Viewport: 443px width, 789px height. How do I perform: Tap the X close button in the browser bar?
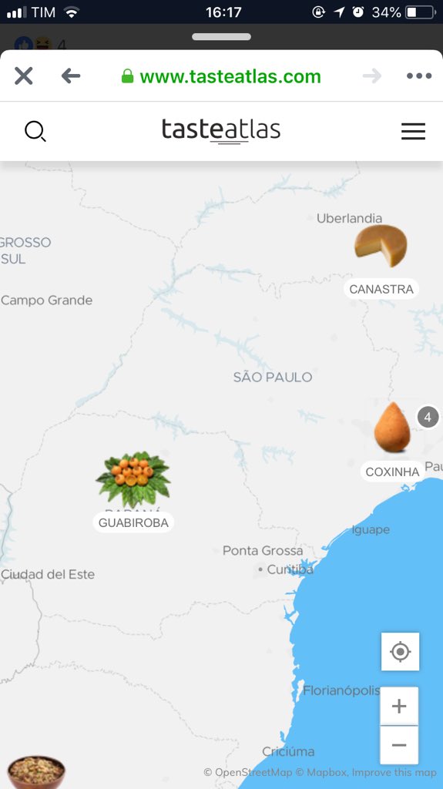tap(24, 76)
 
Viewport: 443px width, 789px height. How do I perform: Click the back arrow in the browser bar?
tap(71, 76)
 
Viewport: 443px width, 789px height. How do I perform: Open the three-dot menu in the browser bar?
tap(419, 76)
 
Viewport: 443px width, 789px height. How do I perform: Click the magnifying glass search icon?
tap(35, 132)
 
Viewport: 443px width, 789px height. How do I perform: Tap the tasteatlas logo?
tap(220, 130)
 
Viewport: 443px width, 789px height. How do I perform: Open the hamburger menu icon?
tap(413, 132)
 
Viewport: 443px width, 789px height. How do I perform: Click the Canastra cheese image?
tap(381, 246)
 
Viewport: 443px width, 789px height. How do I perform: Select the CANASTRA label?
tap(381, 289)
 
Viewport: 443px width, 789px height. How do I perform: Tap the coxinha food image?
tap(392, 428)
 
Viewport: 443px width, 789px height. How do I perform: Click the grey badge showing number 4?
tap(428, 417)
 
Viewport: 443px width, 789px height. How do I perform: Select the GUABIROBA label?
tap(133, 522)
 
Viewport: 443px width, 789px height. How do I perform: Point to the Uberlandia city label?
tap(349, 218)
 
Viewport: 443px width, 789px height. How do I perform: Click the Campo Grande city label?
tap(47, 300)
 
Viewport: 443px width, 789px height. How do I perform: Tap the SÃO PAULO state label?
tap(273, 377)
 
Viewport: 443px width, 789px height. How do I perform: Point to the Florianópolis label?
tap(341, 690)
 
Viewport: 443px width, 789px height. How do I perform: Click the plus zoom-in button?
tap(399, 707)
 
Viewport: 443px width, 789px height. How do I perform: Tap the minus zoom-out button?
tap(399, 745)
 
